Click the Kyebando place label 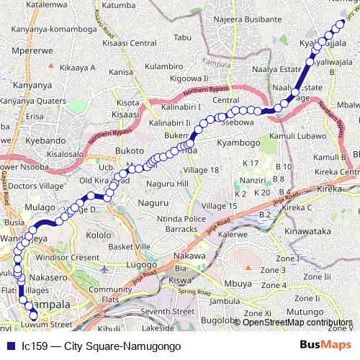pyautogui.click(x=29, y=137)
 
